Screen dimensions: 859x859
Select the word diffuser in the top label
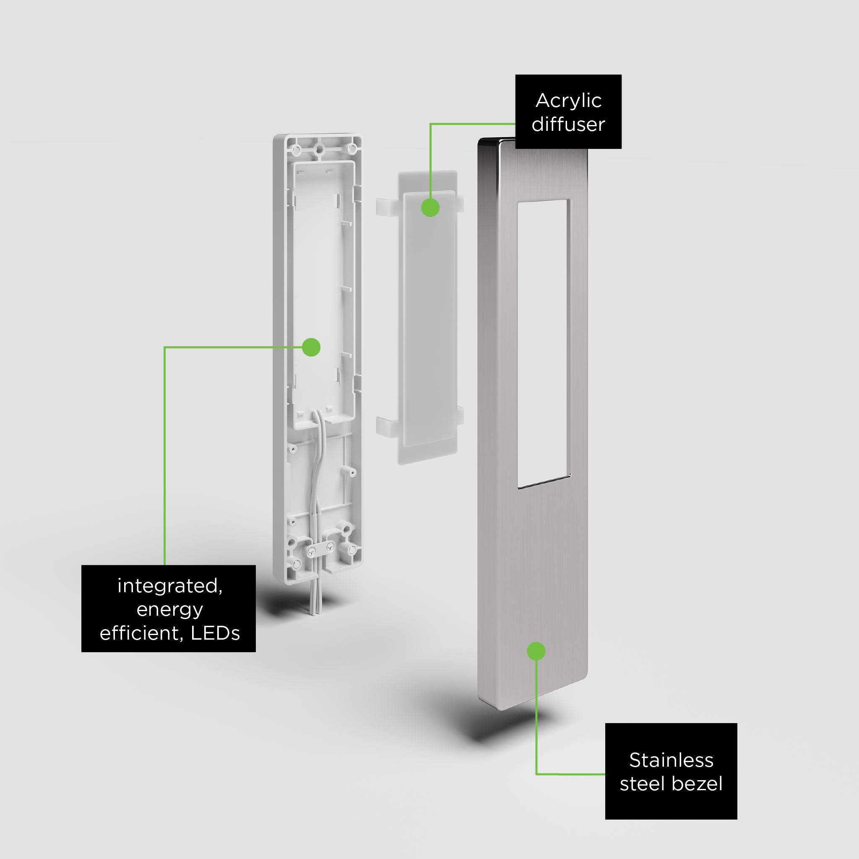[x=568, y=124]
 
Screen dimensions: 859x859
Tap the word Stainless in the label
[x=671, y=760]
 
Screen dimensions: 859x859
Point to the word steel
[x=643, y=784]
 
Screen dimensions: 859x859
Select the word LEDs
[x=215, y=633]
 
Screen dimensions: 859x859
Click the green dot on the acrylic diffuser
[x=430, y=208]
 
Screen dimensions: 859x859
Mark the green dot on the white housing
[x=311, y=347]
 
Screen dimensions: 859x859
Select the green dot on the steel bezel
[x=536, y=651]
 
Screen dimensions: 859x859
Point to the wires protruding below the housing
[x=315, y=598]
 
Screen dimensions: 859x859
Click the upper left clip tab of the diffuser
[x=386, y=207]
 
